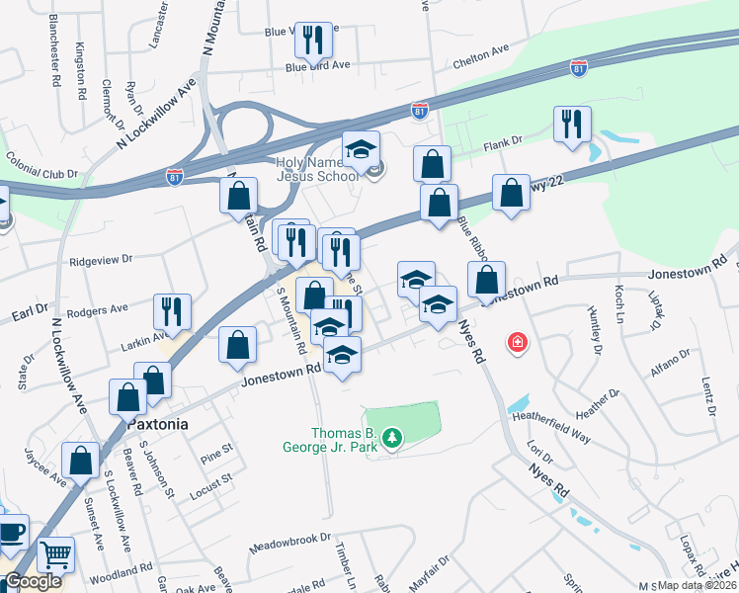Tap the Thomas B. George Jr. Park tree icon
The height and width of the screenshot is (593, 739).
[392, 437]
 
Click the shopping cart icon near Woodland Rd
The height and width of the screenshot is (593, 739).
[56, 555]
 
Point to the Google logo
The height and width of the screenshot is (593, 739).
[33, 581]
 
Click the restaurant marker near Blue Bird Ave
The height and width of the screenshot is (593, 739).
[313, 41]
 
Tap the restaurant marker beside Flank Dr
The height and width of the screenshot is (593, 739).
[572, 125]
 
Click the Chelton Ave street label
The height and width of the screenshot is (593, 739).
[479, 61]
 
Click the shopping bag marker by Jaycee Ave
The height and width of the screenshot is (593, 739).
[80, 460]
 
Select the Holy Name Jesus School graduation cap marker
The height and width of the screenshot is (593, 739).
[362, 150]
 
